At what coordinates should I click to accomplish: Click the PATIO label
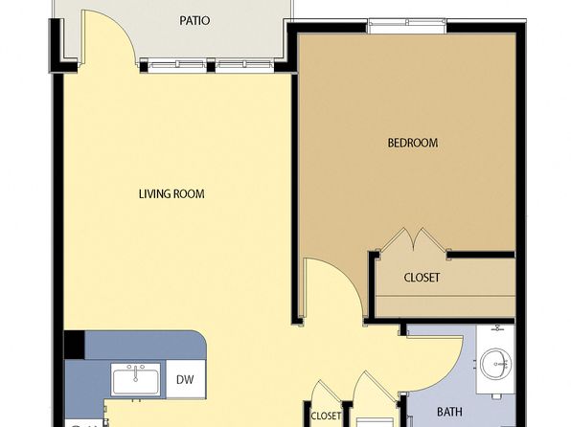(x=194, y=21)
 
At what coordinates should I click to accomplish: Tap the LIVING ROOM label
(x=171, y=193)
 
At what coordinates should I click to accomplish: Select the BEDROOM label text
(x=413, y=143)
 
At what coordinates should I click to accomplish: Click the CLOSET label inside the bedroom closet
(x=422, y=278)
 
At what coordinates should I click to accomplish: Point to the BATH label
(x=449, y=412)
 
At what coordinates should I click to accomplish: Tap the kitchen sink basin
(x=136, y=382)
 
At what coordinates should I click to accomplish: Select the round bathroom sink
(x=495, y=365)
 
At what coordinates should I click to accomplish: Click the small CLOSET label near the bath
(x=326, y=416)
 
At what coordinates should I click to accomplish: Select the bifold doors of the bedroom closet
(x=413, y=239)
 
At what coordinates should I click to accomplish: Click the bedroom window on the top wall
(x=407, y=26)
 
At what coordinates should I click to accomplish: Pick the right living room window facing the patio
(x=244, y=65)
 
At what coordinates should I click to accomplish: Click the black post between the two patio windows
(x=211, y=67)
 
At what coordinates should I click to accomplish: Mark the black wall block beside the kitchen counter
(x=75, y=345)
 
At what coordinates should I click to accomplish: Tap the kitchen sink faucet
(x=135, y=373)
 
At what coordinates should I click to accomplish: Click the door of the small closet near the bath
(x=327, y=392)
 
